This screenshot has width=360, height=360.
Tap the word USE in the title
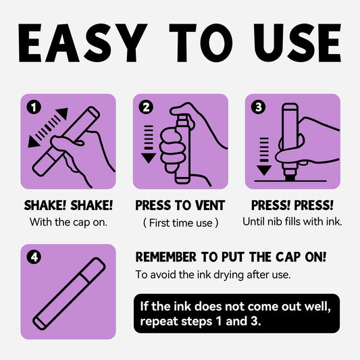[x=297, y=43]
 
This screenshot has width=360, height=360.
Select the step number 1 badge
[x=34, y=107]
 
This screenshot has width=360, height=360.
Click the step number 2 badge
[x=146, y=107]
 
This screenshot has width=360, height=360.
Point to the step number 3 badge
[x=258, y=107]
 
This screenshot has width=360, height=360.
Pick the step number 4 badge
[x=34, y=257]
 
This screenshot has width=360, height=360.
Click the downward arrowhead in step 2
[x=149, y=158]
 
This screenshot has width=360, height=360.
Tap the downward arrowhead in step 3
[x=264, y=170]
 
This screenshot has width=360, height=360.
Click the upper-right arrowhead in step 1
[x=62, y=113]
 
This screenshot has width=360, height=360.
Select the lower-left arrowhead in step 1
[x=33, y=142]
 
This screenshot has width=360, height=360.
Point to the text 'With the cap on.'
[x=68, y=222]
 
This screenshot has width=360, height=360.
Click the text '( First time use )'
[x=180, y=223]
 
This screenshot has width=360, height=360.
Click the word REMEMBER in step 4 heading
[x=166, y=257]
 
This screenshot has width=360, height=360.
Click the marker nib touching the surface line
[x=290, y=178]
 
